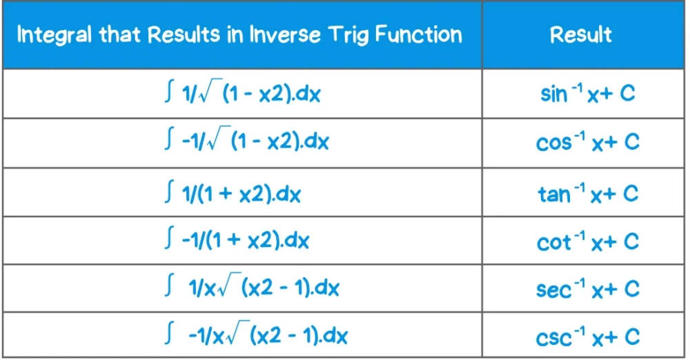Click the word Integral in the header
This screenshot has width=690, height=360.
pos(55,34)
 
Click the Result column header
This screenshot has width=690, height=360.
pos(581,34)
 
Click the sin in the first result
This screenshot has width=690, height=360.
pos(553,94)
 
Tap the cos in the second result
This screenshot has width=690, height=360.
pos(553,143)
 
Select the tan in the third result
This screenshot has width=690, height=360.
pos(554,194)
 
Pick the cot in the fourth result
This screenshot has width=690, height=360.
pos(553,243)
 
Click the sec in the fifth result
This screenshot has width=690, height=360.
pos(553,290)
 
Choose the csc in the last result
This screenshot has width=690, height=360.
pos(553,338)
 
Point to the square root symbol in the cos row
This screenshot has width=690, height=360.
pos(219,138)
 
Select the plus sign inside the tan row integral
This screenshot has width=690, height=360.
pos(224,194)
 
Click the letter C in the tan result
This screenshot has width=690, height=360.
pos(631,193)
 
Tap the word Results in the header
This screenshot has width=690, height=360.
pos(184,34)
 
